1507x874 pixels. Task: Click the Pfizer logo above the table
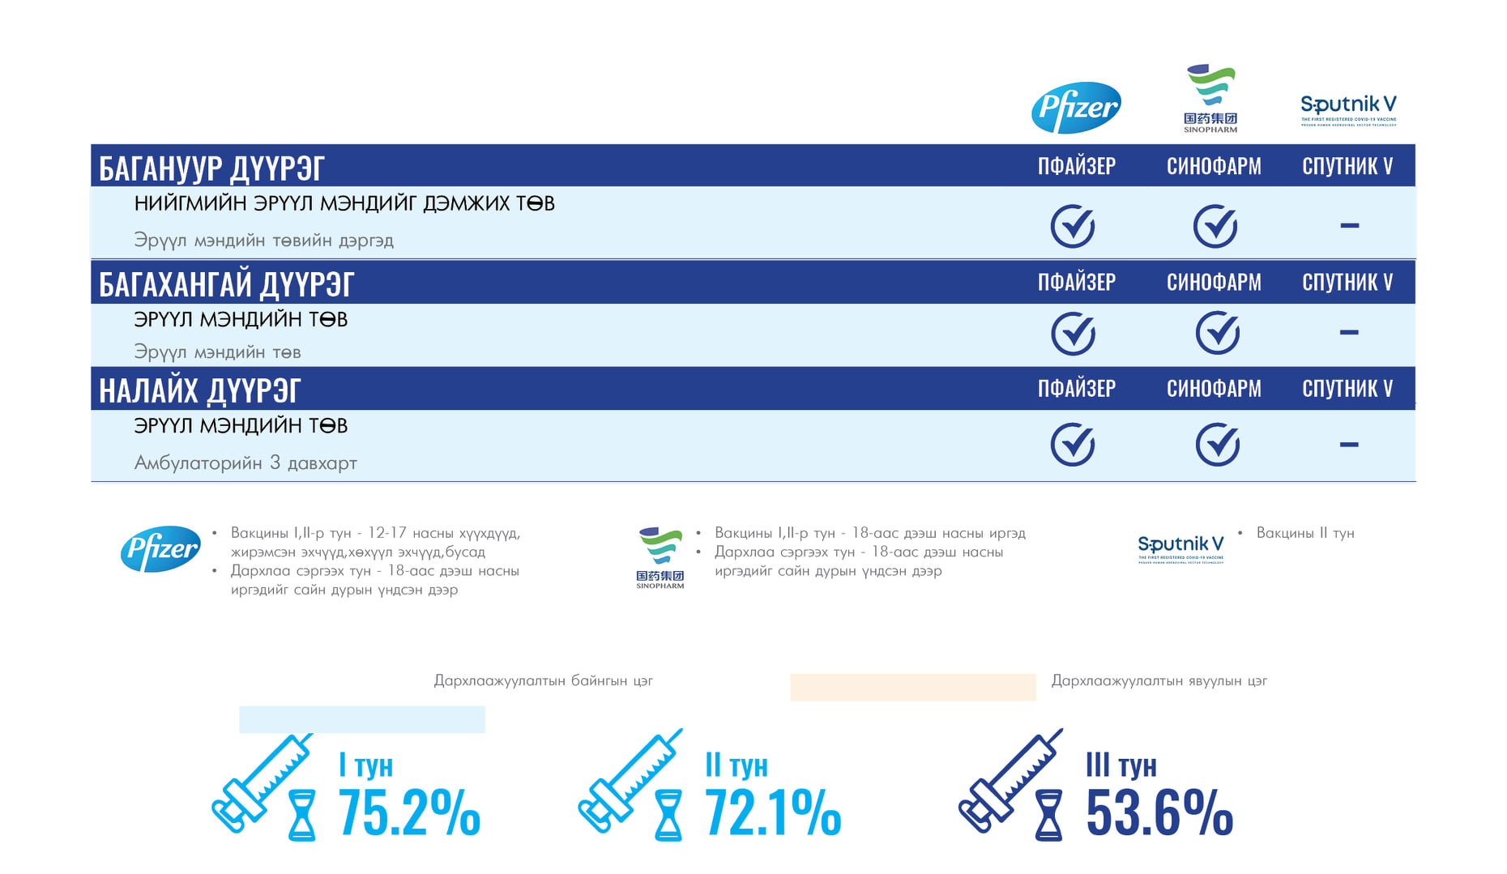click(x=1076, y=108)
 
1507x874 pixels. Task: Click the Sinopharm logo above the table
click(x=1210, y=98)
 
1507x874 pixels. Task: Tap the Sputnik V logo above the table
click(x=1348, y=109)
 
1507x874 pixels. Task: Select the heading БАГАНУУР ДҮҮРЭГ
click(x=211, y=168)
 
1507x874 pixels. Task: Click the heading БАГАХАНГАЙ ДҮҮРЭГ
click(x=226, y=284)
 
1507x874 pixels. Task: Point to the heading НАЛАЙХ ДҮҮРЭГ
click(x=199, y=390)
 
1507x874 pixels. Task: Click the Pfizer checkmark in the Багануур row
click(x=1073, y=226)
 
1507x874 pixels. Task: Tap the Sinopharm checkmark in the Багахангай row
click(x=1217, y=333)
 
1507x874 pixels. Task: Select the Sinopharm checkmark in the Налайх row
click(x=1217, y=444)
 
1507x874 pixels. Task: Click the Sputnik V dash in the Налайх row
click(x=1349, y=444)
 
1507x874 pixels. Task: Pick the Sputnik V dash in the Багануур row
click(x=1349, y=226)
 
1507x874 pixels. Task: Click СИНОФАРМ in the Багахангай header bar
click(x=1214, y=282)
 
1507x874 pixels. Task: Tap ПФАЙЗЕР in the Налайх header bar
click(x=1077, y=389)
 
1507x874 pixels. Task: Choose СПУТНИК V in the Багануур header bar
click(x=1347, y=166)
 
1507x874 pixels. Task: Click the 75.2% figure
click(x=409, y=812)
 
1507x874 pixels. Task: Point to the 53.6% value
click(x=1159, y=812)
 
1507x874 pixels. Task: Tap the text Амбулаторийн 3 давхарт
click(x=245, y=463)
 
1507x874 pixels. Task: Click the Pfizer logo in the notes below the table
click(x=160, y=549)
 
